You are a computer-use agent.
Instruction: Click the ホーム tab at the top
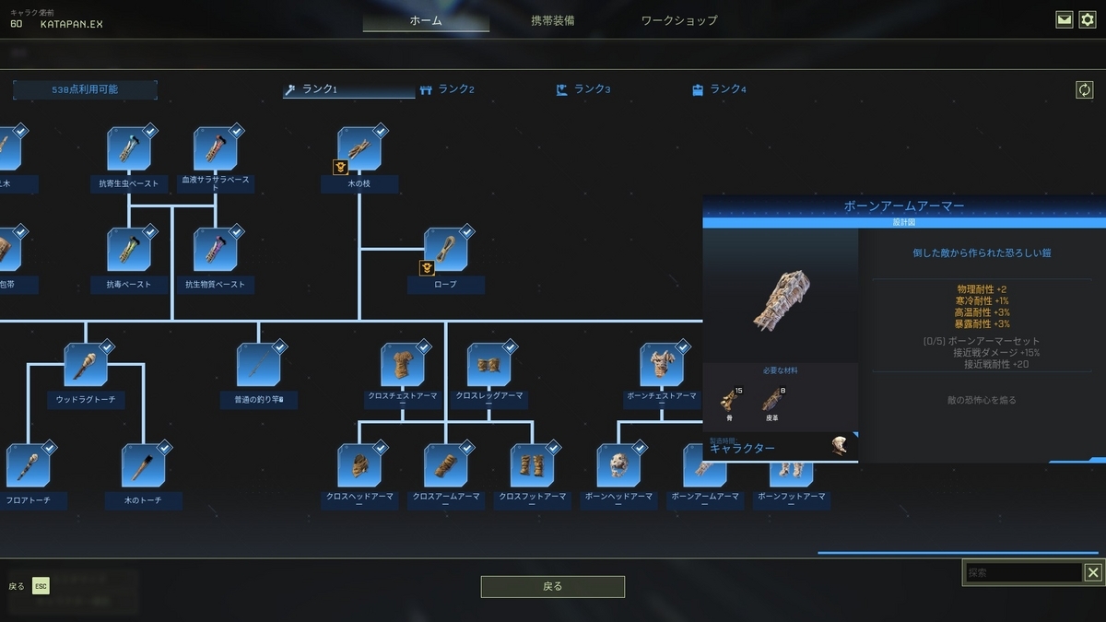pos(426,20)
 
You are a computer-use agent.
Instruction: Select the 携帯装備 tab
pos(553,20)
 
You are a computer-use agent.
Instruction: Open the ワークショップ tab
pos(679,20)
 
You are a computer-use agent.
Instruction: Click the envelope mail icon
pos(1065,19)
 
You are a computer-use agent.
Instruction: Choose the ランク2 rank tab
pos(447,89)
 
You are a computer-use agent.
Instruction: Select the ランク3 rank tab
pos(583,89)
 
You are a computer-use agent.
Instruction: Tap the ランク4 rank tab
pos(719,89)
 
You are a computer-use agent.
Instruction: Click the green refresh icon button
pos(1085,89)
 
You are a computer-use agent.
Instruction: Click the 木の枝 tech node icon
pos(359,148)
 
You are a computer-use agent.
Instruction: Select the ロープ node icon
pos(445,250)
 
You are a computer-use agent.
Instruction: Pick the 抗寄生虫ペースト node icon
pos(129,148)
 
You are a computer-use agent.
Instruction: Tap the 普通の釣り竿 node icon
pos(259,364)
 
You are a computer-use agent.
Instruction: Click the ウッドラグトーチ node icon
pos(86,364)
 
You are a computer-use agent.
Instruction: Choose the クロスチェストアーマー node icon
pos(403,364)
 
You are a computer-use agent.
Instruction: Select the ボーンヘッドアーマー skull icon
pos(618,465)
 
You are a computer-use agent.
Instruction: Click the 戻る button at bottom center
pos(553,586)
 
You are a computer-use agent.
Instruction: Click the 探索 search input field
pos(1023,573)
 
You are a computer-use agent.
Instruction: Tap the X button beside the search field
pos(1093,573)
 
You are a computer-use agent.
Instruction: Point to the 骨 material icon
pos(729,400)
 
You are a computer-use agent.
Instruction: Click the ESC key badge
pos(41,586)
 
